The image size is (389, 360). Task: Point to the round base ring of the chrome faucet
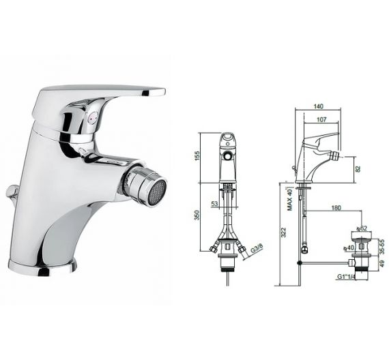coord(42,264)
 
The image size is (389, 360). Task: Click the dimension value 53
coord(215,202)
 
